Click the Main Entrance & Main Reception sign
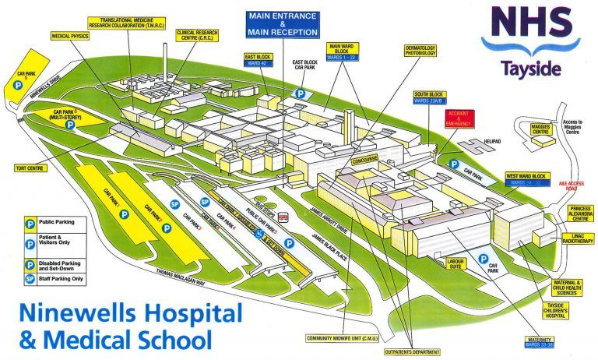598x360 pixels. [x=283, y=24]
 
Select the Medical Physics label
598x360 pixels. [x=71, y=36]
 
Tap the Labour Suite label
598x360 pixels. [x=455, y=263]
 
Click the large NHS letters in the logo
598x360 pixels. [x=527, y=25]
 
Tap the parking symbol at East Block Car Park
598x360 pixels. [x=300, y=93]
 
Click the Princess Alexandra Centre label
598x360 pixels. [x=578, y=214]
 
